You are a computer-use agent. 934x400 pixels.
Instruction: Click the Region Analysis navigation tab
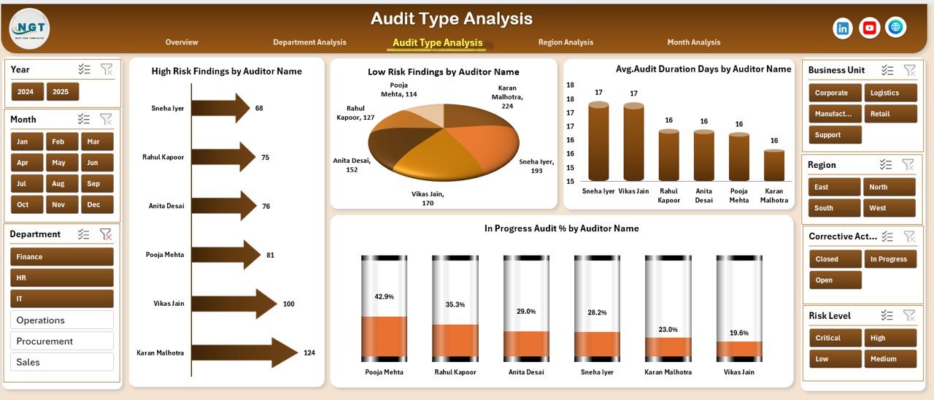click(566, 42)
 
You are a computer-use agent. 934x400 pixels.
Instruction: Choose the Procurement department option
click(62, 341)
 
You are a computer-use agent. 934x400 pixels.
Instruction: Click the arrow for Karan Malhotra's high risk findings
click(244, 353)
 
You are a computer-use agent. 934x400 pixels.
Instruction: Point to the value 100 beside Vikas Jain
click(289, 304)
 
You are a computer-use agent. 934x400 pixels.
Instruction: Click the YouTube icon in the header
click(869, 28)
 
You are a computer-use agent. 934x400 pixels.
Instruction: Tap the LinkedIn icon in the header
click(843, 28)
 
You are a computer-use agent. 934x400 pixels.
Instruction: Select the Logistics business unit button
click(889, 93)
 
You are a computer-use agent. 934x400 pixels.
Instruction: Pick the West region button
click(889, 208)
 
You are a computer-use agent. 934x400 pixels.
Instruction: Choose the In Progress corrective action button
click(889, 259)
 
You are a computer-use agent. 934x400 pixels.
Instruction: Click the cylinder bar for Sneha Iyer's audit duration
click(598, 142)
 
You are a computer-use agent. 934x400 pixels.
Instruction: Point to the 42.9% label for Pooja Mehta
click(384, 296)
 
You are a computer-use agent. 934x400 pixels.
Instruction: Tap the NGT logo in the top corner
click(30, 28)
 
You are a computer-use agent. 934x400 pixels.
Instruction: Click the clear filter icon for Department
click(106, 234)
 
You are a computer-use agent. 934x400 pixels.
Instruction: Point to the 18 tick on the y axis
click(570, 85)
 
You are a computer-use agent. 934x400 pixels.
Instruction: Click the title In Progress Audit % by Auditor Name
click(561, 228)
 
